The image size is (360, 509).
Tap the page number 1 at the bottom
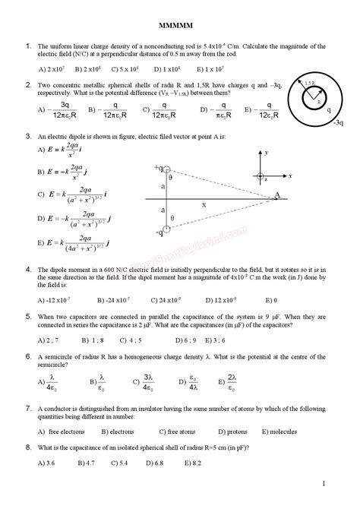pos(323,483)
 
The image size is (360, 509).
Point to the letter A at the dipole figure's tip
pos(277,195)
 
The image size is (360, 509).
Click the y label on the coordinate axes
pos(268,153)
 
